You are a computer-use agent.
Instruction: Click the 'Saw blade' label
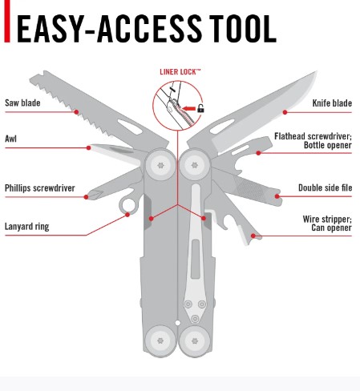coord(22,103)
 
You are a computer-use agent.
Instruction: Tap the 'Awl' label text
coord(10,139)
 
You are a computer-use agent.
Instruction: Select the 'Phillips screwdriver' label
coord(40,188)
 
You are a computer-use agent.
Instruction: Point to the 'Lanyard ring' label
coord(27,227)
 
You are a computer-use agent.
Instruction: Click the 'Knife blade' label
coord(332,103)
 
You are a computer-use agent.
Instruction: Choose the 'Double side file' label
coord(325,187)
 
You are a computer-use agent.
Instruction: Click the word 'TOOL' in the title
coord(243,29)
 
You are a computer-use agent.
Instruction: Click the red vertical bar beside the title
coord(7,21)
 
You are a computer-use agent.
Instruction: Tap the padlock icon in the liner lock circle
coord(200,108)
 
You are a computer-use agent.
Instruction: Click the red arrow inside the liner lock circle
coord(189,108)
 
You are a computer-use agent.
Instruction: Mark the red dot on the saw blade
coord(76,112)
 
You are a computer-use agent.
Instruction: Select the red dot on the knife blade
coord(285,112)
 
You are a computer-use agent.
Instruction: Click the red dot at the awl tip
coord(89,147)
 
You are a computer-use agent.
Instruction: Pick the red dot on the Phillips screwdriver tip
coord(86,197)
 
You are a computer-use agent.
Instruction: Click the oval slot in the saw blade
coord(130,127)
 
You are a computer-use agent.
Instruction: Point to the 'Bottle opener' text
coord(328,145)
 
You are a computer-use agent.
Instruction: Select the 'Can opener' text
coord(331,228)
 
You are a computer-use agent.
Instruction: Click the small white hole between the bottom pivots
coord(177,323)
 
